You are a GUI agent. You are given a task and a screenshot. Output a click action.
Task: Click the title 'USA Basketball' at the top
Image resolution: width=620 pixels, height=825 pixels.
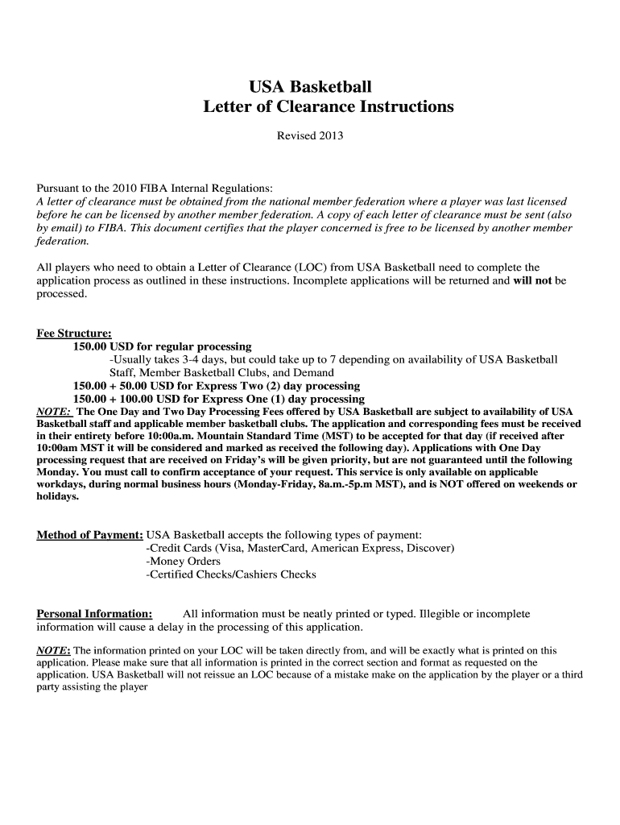tap(310, 86)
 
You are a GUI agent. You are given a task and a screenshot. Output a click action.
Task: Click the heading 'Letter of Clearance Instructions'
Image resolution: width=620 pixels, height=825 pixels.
tap(329, 106)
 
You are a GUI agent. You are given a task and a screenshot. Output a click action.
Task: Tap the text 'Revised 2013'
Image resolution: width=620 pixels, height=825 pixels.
tap(310, 136)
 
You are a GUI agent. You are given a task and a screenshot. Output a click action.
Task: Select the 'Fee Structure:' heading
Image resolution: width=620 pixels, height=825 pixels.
tap(74, 334)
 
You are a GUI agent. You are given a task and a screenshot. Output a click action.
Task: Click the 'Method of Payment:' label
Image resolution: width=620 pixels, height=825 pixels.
tap(90, 536)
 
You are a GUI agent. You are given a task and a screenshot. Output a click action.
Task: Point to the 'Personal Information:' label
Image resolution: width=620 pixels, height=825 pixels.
tap(95, 614)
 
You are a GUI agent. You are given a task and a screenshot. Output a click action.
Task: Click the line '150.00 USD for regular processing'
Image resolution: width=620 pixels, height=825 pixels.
tap(162, 346)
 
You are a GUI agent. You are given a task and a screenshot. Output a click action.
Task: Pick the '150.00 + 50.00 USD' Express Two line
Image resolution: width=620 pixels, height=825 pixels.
tap(216, 386)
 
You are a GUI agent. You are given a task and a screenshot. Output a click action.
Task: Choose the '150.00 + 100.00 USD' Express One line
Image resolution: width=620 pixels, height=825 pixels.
tap(218, 399)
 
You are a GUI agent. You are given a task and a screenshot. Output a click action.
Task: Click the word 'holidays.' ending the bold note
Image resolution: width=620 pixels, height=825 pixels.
tap(58, 496)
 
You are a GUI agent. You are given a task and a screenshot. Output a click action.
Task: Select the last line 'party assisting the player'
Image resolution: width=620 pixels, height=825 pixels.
tap(92, 689)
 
